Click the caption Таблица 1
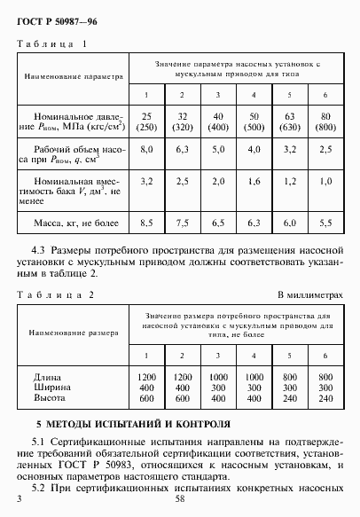click(x=52, y=43)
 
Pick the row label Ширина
click(x=48, y=388)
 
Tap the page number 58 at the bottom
click(x=179, y=501)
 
